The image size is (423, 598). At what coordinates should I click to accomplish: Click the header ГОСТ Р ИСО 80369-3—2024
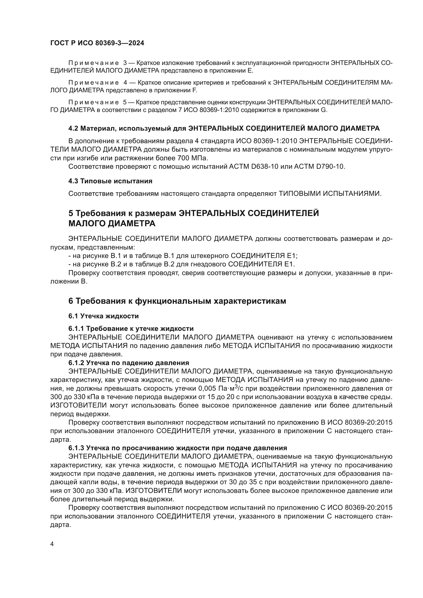pos(97,43)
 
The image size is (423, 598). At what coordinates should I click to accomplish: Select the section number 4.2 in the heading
pos(73,128)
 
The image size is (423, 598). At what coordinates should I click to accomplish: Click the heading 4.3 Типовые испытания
pos(110,181)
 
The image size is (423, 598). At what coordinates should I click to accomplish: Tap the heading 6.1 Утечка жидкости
pos(103,316)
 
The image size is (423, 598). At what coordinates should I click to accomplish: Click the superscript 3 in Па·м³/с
pos(236,387)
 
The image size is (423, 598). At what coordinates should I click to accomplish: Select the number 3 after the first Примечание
pos(125,63)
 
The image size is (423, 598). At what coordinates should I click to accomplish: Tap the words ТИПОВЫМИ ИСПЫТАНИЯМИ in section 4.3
pos(330,194)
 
